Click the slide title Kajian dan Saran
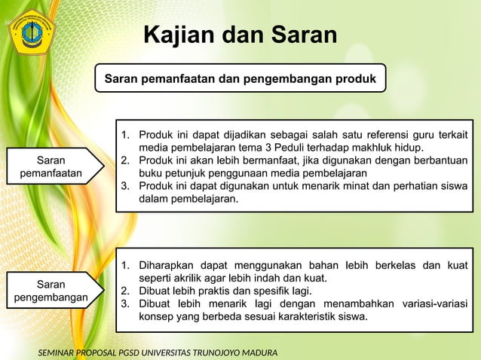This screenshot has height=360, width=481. (240, 35)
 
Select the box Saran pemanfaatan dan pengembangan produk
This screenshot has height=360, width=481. (240, 78)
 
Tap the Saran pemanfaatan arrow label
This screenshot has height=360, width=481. (51, 166)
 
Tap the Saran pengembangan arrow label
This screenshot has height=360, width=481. (51, 291)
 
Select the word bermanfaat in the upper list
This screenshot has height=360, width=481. (259, 160)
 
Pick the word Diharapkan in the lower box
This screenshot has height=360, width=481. (167, 264)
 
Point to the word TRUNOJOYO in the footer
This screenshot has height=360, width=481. (201, 352)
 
